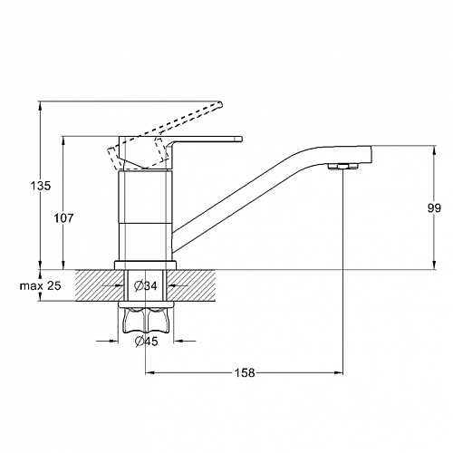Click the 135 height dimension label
(x=41, y=186)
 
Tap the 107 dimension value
(x=63, y=217)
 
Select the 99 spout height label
(x=434, y=208)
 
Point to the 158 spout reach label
(x=245, y=373)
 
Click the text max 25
(x=41, y=285)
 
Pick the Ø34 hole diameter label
(x=146, y=285)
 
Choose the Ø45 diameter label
(x=147, y=342)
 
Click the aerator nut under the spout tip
(x=342, y=166)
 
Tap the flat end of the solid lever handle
(x=241, y=139)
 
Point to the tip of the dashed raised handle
(x=221, y=104)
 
